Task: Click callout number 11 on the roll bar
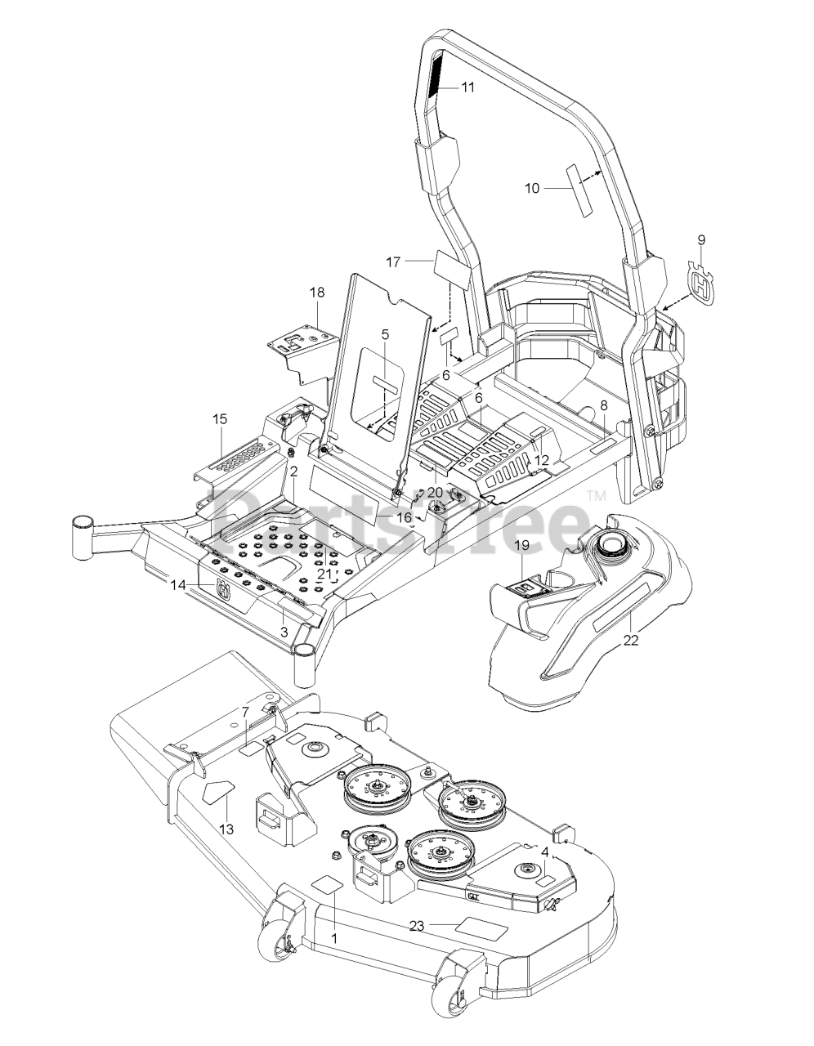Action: pyautogui.click(x=467, y=87)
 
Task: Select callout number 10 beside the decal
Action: pyautogui.click(x=531, y=188)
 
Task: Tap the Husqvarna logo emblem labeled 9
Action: pyautogui.click(x=701, y=281)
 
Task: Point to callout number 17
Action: pyautogui.click(x=393, y=261)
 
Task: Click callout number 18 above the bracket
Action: pyautogui.click(x=317, y=292)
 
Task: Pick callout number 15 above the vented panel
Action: pyautogui.click(x=220, y=419)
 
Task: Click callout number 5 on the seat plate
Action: pyautogui.click(x=385, y=333)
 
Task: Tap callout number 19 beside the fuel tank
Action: pyautogui.click(x=522, y=544)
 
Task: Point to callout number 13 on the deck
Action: pyautogui.click(x=226, y=829)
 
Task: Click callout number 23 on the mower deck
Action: pyautogui.click(x=418, y=925)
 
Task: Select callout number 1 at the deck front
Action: pyautogui.click(x=333, y=939)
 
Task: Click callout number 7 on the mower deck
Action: pyautogui.click(x=244, y=713)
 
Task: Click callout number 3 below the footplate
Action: pyautogui.click(x=284, y=632)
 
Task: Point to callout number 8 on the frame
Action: pyautogui.click(x=604, y=405)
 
